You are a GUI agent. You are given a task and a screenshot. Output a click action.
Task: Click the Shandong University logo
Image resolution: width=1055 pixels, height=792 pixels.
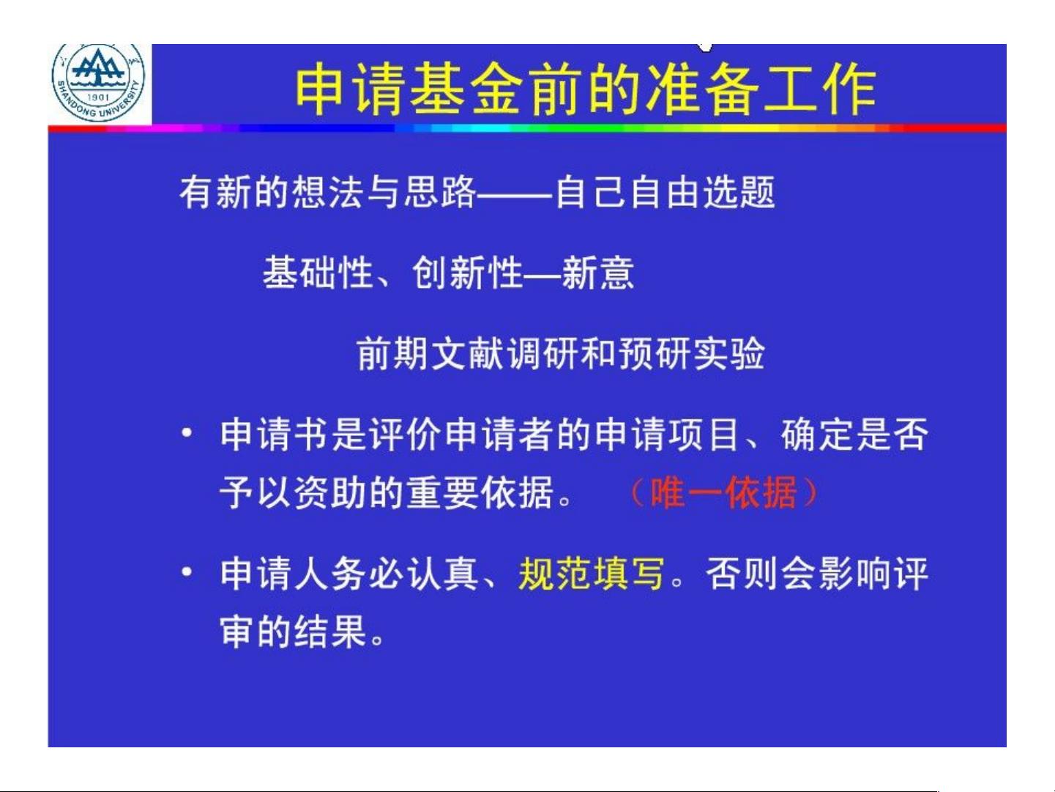[x=98, y=82]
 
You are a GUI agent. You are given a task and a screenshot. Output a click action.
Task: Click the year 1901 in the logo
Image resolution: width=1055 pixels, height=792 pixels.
[x=98, y=97]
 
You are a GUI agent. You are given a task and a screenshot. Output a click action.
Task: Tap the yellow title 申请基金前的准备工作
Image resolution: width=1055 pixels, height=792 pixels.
[x=586, y=91]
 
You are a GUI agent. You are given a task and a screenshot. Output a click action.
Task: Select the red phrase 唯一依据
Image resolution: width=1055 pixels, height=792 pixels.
[x=723, y=493]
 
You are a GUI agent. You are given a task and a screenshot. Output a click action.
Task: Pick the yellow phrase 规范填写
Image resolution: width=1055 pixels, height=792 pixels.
[x=591, y=573]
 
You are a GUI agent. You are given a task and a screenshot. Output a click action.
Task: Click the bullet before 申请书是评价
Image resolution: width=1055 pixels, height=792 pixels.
[x=187, y=433]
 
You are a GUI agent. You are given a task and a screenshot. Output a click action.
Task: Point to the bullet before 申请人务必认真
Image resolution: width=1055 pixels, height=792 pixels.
[x=187, y=572]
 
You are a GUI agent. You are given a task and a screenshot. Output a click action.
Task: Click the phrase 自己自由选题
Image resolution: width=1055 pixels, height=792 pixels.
[x=666, y=192]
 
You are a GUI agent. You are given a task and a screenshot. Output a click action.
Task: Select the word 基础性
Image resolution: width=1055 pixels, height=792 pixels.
[x=318, y=273]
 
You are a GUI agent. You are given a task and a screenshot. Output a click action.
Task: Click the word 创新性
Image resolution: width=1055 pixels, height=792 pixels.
[x=467, y=273]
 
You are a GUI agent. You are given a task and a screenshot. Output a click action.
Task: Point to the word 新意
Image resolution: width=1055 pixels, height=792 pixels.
[x=598, y=273]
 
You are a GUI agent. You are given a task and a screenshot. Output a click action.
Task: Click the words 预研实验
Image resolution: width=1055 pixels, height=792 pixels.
[x=691, y=354]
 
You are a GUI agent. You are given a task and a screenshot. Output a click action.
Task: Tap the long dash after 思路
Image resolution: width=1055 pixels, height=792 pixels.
[x=515, y=193]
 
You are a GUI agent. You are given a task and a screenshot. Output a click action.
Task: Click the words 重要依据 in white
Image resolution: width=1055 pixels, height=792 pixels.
[x=480, y=493]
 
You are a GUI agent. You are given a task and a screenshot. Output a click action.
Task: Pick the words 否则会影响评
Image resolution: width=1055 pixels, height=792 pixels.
[x=817, y=573]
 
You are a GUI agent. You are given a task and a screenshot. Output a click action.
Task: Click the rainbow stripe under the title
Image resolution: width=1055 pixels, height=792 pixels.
[x=527, y=128]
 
